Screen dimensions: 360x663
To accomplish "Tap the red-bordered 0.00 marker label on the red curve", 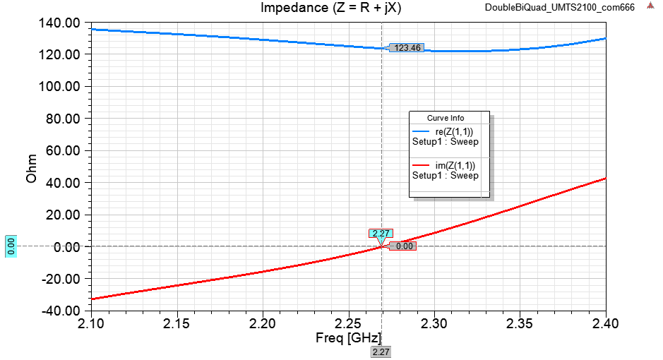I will click(404, 246).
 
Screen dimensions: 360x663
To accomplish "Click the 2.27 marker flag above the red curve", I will click(381, 234).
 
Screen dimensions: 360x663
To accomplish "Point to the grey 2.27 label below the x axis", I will click(381, 352).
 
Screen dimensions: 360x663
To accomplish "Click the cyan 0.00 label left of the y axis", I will click(11, 246).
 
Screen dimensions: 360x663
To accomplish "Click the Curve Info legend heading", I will click(446, 118).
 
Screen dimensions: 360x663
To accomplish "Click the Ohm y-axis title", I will click(32, 167).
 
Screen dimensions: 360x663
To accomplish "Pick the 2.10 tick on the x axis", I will click(91, 323).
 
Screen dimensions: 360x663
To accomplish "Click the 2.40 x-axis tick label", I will click(606, 323).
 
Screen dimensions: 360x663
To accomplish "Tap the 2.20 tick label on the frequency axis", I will click(263, 323).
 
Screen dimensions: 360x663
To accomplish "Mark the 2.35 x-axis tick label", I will click(520, 323).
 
